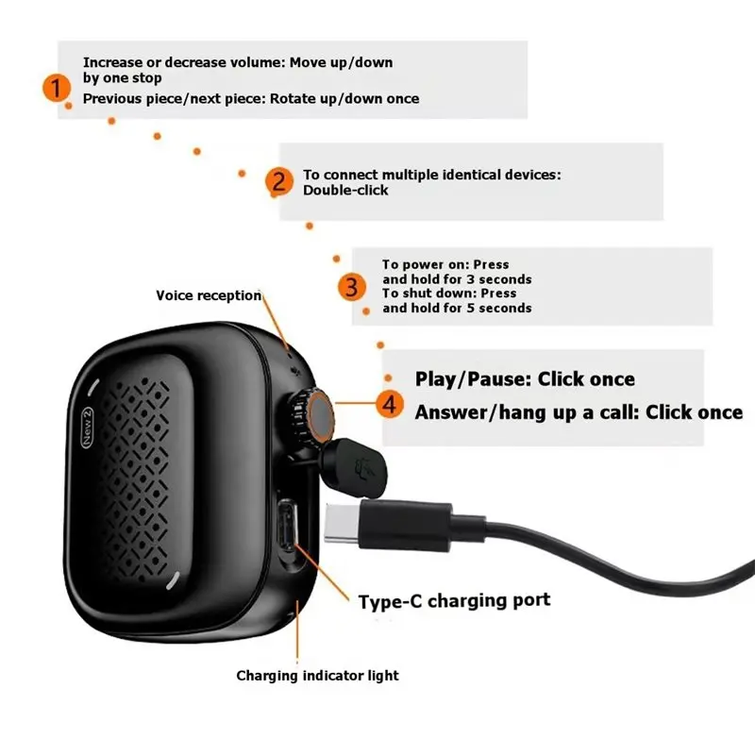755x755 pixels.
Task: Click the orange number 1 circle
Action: tap(57, 88)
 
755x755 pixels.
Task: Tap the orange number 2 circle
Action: tap(279, 181)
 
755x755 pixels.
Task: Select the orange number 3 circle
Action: tap(351, 287)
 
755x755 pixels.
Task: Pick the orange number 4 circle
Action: tap(390, 404)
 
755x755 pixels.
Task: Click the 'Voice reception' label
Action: tap(209, 295)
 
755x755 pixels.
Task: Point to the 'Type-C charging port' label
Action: tap(454, 601)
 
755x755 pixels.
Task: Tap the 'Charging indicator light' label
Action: tap(317, 676)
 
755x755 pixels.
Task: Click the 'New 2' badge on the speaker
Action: tap(87, 428)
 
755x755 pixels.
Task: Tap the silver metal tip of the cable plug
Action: tap(343, 524)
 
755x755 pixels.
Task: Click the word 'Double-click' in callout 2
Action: tap(345, 191)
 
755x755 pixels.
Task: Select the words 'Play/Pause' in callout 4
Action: tap(473, 379)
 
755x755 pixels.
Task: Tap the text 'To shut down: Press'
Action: tap(449, 294)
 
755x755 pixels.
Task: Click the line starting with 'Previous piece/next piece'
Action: tap(251, 99)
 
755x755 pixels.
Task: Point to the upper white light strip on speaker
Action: tap(92, 387)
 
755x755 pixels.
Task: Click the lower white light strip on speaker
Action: tap(173, 580)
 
